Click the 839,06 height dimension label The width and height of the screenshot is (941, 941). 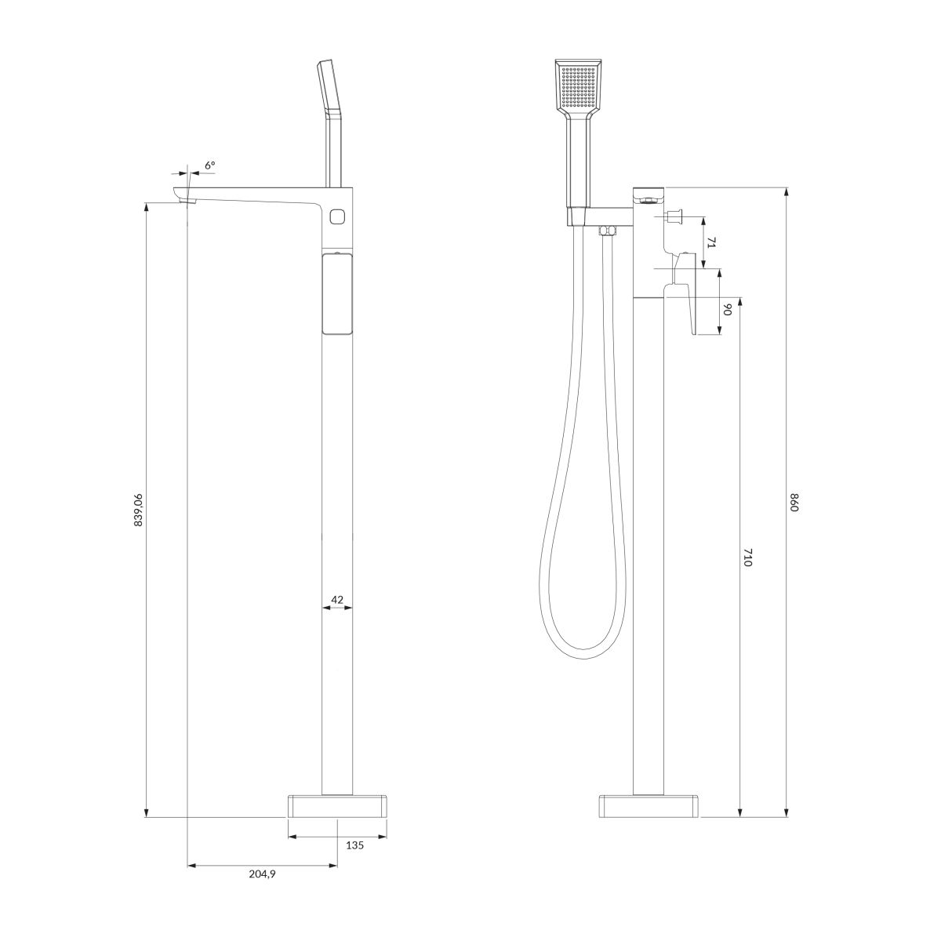click(x=138, y=510)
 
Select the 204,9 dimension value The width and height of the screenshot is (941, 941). click(x=262, y=874)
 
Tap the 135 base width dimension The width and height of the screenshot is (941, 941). click(x=354, y=845)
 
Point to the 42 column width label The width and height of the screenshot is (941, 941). click(x=337, y=599)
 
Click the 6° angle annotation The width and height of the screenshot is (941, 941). click(x=209, y=165)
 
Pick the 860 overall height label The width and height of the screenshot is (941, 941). click(x=794, y=503)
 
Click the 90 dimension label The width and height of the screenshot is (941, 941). click(x=727, y=310)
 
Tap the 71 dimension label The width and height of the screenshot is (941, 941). click(x=710, y=242)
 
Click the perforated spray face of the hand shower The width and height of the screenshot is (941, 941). click(x=579, y=88)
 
